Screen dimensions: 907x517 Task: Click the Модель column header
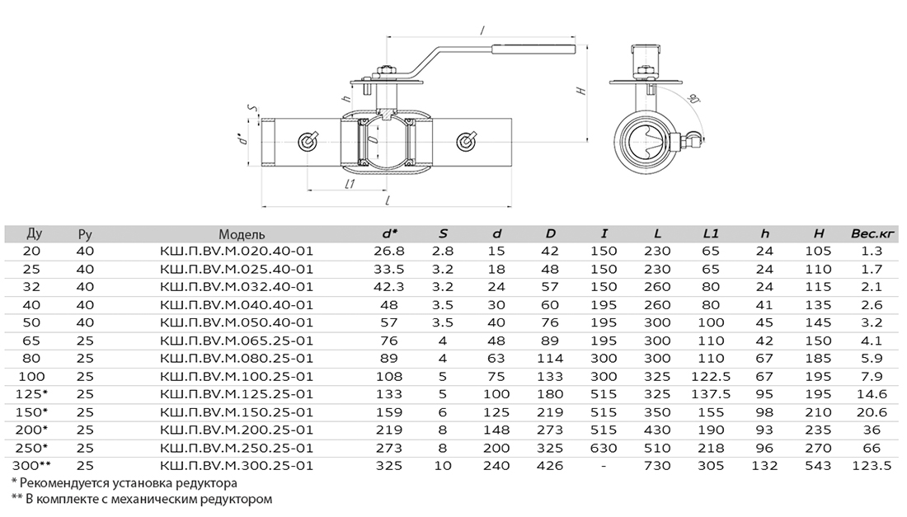tap(242, 234)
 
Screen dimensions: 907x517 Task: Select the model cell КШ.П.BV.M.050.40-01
tap(236, 322)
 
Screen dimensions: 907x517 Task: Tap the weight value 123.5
tap(872, 466)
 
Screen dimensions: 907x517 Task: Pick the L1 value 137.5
tap(711, 394)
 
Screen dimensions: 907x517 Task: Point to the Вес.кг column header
tap(873, 234)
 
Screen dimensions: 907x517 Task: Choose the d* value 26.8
tap(389, 251)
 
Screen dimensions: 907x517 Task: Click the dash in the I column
tap(604, 466)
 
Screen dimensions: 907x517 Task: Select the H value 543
tap(818, 466)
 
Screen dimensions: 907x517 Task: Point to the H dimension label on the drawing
tap(582, 91)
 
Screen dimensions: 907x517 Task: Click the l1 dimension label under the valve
tap(349, 185)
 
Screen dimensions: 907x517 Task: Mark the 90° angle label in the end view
tap(693, 98)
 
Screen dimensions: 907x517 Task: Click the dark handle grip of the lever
tap(534, 49)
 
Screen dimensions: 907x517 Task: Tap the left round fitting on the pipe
tap(308, 141)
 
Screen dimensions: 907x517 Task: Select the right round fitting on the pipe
tap(465, 141)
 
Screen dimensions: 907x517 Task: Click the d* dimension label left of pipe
tap(244, 139)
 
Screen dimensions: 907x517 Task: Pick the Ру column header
tap(85, 235)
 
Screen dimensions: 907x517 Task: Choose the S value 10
tap(443, 466)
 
